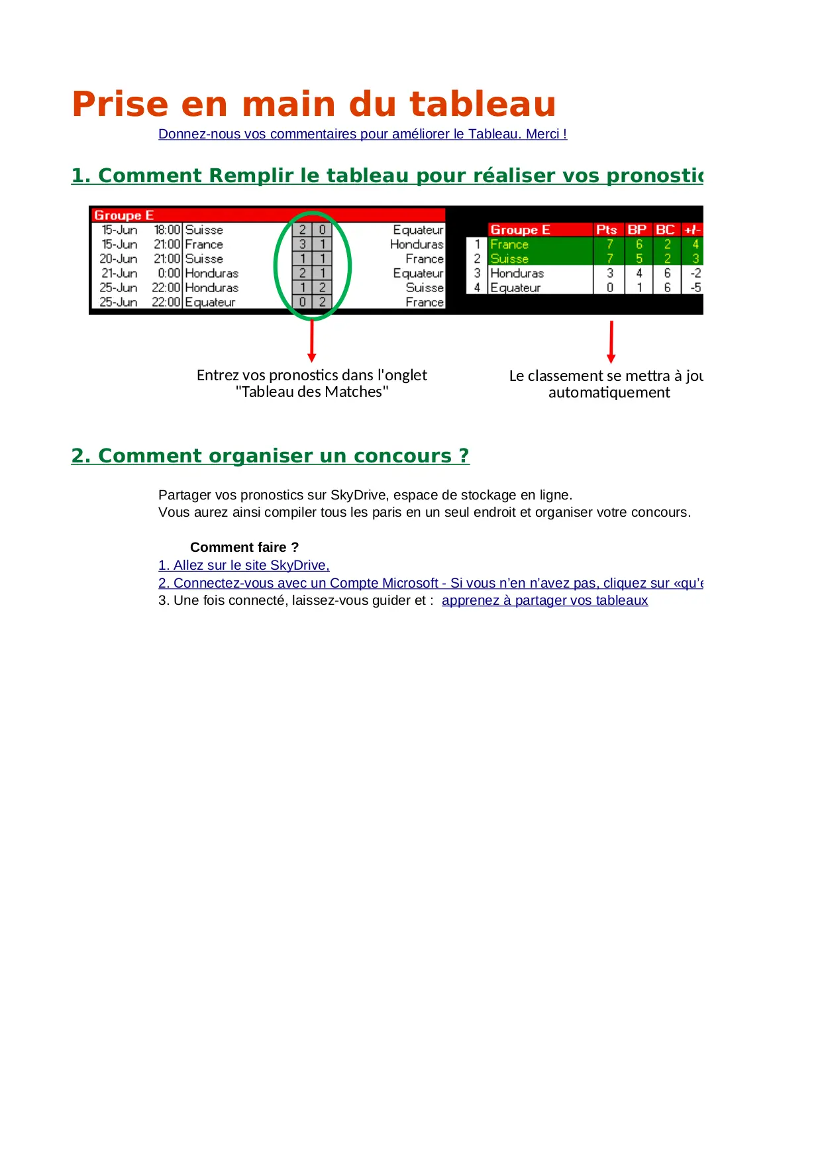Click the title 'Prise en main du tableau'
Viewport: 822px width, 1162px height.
(x=313, y=105)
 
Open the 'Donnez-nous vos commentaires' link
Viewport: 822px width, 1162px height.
(x=362, y=134)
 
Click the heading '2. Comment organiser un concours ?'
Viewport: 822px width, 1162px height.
(x=270, y=456)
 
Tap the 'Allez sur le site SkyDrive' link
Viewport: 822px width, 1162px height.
(x=244, y=565)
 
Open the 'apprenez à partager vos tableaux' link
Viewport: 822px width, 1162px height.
(x=544, y=600)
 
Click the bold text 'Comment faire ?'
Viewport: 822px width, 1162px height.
(x=244, y=547)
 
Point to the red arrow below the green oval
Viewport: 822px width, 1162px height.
(x=312, y=341)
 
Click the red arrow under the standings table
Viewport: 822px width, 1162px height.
(x=611, y=342)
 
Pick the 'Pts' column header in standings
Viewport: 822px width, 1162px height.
(x=606, y=230)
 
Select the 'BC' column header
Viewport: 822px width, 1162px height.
(x=665, y=230)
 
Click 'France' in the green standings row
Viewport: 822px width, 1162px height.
(x=509, y=244)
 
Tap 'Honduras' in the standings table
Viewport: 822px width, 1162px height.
(x=517, y=273)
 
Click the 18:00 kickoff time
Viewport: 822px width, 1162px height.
(x=167, y=230)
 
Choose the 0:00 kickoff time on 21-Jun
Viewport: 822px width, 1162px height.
(x=168, y=273)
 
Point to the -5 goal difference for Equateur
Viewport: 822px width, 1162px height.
(x=695, y=288)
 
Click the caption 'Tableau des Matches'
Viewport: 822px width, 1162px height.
(x=311, y=392)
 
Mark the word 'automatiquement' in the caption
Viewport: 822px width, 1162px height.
(x=609, y=393)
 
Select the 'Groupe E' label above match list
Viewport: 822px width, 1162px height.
(x=124, y=215)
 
